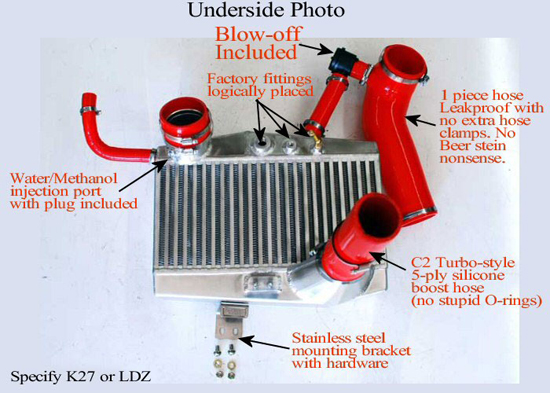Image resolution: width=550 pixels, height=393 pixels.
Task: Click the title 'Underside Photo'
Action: (x=266, y=10)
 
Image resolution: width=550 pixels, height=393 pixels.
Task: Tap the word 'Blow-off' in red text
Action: (x=258, y=34)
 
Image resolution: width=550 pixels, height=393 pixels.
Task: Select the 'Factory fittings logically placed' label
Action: (x=260, y=85)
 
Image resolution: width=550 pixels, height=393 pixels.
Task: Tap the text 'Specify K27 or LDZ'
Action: (x=81, y=377)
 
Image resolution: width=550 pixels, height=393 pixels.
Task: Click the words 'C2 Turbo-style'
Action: (x=463, y=262)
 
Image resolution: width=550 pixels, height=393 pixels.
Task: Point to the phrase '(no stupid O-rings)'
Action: (x=476, y=300)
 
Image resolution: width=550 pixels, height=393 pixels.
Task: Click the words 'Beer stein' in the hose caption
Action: (x=473, y=145)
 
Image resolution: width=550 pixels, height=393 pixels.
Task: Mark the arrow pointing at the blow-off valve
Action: (x=315, y=48)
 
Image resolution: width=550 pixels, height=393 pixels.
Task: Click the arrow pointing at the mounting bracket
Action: (x=264, y=344)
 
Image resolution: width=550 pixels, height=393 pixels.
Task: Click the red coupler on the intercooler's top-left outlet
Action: (x=185, y=122)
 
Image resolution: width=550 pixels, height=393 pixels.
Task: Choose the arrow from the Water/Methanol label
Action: (x=144, y=175)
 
